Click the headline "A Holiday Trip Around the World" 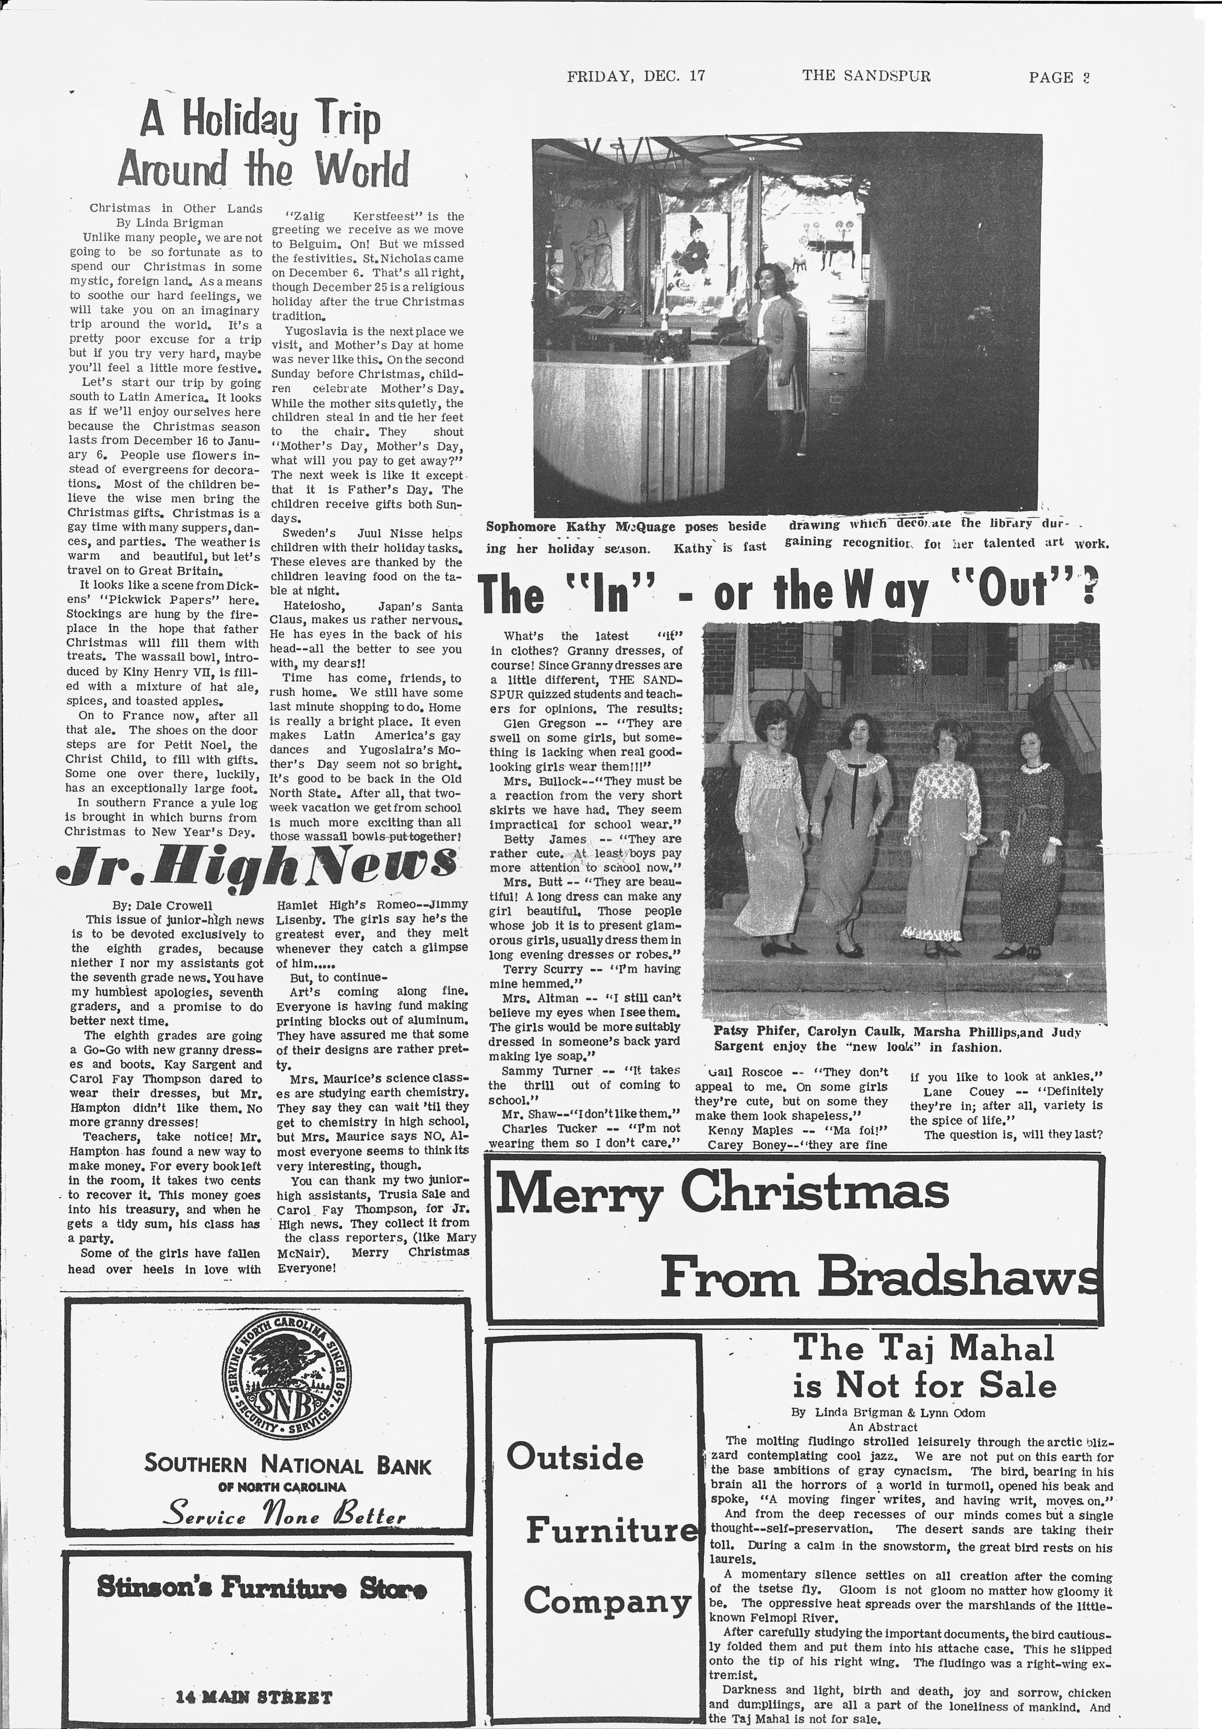pos(262,145)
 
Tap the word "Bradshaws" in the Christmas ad pos(956,1278)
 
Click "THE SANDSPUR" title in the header pos(866,76)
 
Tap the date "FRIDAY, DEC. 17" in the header pos(636,76)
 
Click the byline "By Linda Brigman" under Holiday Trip pos(169,223)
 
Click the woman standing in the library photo pos(775,335)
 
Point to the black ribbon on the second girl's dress pos(852,791)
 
